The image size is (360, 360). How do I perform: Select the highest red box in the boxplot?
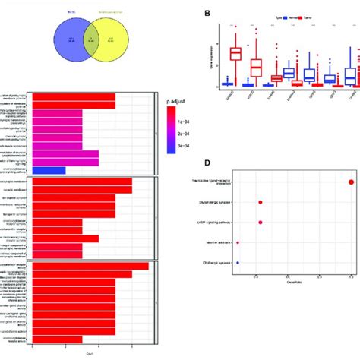point(236,53)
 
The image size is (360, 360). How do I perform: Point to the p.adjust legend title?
point(177,99)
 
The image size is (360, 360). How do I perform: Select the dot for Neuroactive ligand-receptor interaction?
point(351,181)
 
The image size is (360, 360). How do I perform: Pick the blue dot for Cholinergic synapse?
point(238,263)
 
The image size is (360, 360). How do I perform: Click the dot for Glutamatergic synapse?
point(261,202)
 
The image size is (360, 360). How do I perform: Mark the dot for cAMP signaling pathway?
point(261,223)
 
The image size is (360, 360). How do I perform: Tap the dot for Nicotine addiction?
point(238,243)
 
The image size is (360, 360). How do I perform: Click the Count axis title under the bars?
point(90,352)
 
